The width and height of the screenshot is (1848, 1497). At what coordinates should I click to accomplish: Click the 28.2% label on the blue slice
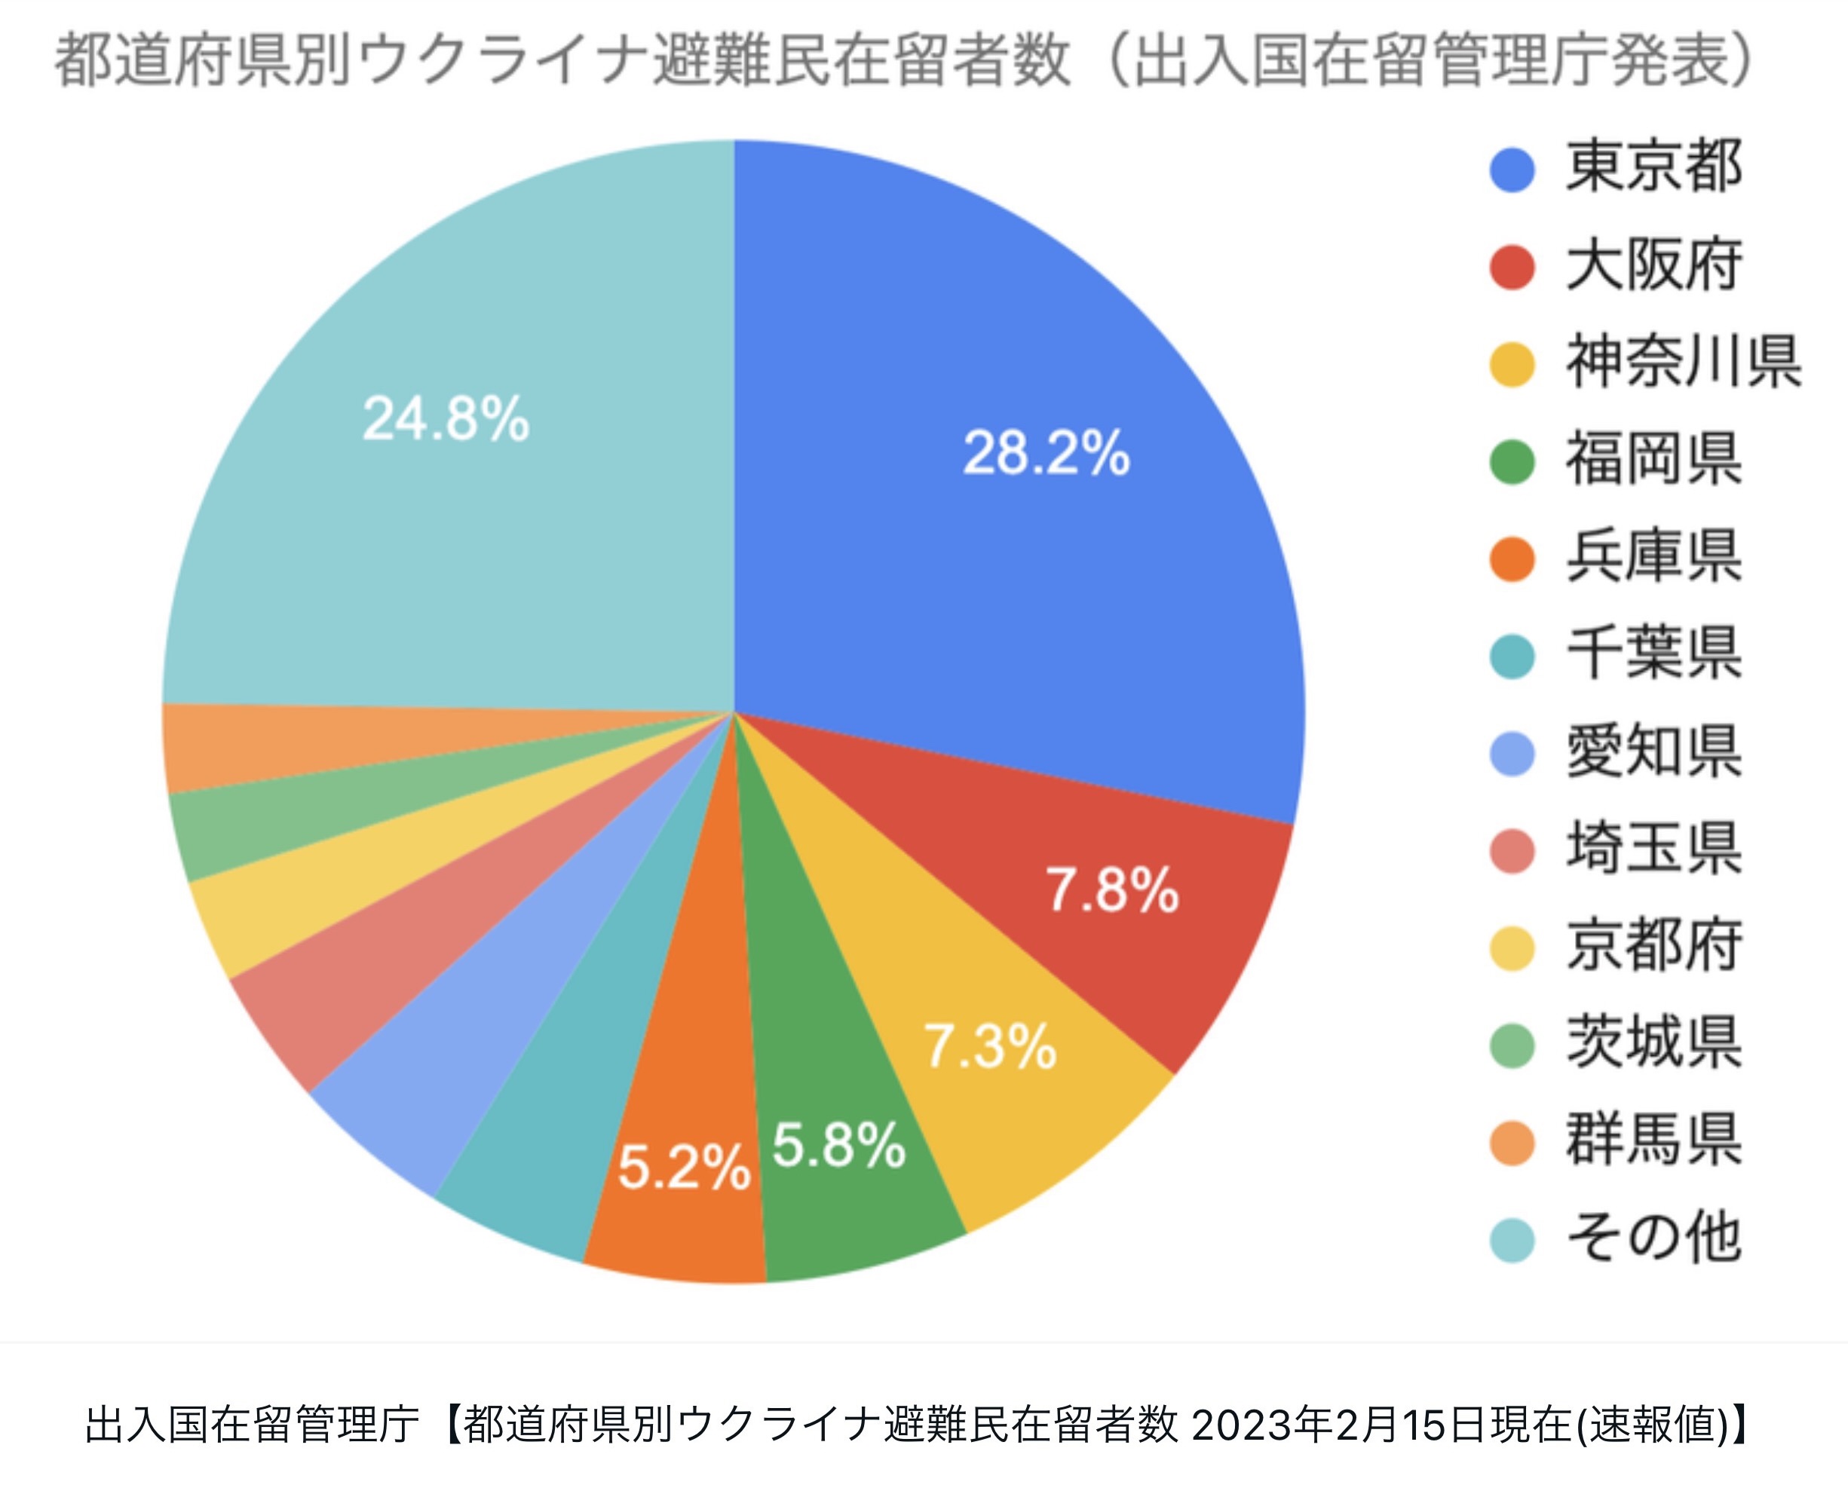[1045, 453]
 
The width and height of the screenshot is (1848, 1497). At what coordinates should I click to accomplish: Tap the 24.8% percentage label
[445, 419]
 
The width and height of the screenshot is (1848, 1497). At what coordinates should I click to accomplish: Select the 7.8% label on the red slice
[1111, 890]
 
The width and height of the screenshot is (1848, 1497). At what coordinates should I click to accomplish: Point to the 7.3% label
[990, 1046]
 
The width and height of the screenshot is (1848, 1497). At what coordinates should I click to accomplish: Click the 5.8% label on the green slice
[838, 1145]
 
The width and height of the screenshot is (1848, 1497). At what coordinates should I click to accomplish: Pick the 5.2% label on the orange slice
[684, 1168]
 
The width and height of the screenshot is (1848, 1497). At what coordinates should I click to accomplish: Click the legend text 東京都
[1653, 167]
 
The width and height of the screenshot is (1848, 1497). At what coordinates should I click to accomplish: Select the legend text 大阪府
[1653, 265]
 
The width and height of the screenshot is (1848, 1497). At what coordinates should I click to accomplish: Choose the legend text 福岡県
[1653, 460]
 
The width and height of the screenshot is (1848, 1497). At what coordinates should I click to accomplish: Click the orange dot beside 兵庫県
[1512, 558]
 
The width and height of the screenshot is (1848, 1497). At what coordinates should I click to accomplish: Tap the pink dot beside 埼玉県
[1512, 850]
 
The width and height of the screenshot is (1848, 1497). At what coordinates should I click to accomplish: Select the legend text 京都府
[1653, 947]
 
